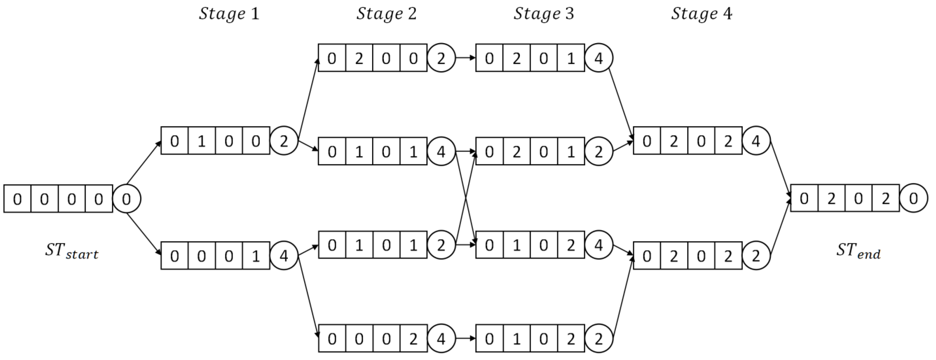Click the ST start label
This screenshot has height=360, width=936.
point(72,251)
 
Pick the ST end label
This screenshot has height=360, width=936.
point(858,251)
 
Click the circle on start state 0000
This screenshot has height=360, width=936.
point(126,199)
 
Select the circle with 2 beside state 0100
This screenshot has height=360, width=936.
point(284,141)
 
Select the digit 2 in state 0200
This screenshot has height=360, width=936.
point(359,58)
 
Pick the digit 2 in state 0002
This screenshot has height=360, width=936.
point(413,339)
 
